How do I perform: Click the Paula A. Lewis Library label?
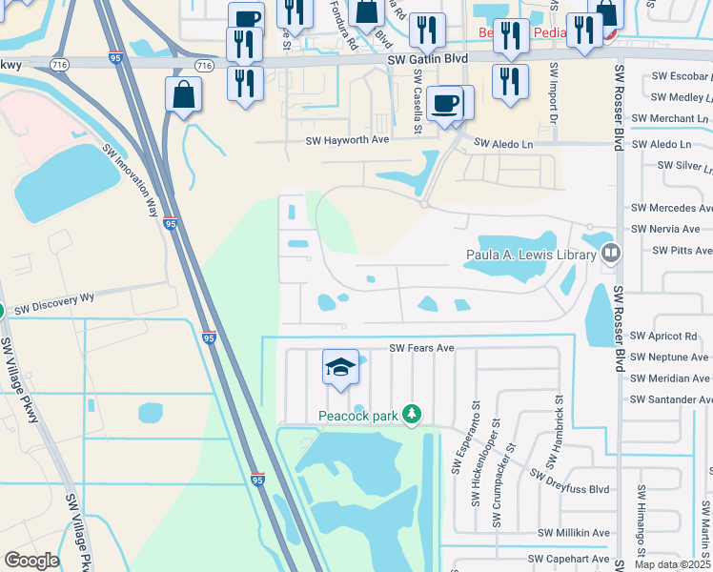[530, 255]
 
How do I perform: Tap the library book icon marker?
[610, 254]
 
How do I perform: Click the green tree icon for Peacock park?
[412, 415]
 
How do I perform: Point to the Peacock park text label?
[357, 417]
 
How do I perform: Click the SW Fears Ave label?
[421, 348]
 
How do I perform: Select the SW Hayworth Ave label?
[347, 140]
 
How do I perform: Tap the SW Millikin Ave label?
[574, 533]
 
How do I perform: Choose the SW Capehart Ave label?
[573, 559]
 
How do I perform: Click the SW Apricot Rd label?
[664, 337]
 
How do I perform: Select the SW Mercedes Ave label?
[673, 208]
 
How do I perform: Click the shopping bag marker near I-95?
[182, 96]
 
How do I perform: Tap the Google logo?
[31, 561]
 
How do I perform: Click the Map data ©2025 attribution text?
[673, 564]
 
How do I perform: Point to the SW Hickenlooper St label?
[476, 475]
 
